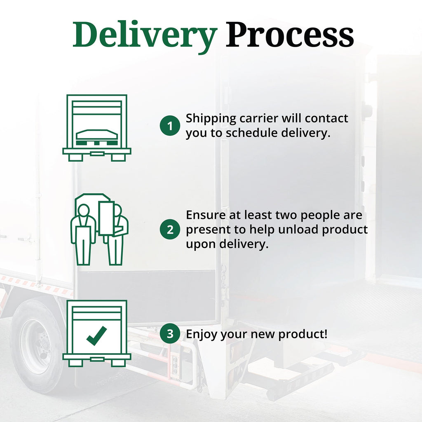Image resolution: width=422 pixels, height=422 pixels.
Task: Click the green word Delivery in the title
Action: tap(145, 36)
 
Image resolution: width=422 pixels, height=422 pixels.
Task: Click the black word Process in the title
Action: tap(290, 35)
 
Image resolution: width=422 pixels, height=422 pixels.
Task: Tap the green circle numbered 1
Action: tap(170, 125)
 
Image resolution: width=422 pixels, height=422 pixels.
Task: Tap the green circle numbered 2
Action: tap(170, 229)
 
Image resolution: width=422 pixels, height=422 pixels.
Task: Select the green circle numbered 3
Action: tap(170, 334)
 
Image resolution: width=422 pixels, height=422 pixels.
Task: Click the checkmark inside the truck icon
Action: tap(96, 335)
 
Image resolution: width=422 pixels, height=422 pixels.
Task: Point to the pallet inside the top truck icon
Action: tap(97, 137)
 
